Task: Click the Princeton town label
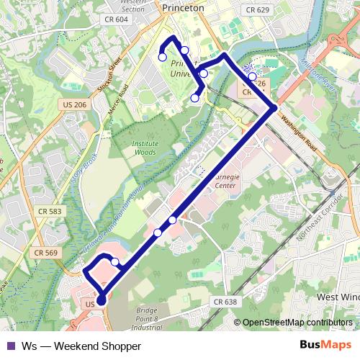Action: coord(184,7)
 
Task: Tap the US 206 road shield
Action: coord(75,105)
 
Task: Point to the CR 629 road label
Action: coord(257,10)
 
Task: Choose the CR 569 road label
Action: coord(45,253)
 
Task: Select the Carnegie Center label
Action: coord(225,179)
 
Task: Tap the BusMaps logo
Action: coord(325,345)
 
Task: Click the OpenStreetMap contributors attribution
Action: coord(297,323)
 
